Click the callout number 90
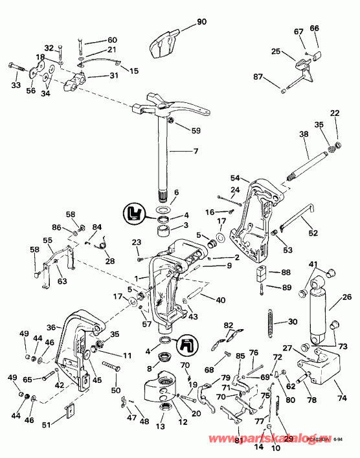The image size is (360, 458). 201,22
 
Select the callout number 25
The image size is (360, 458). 275,51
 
